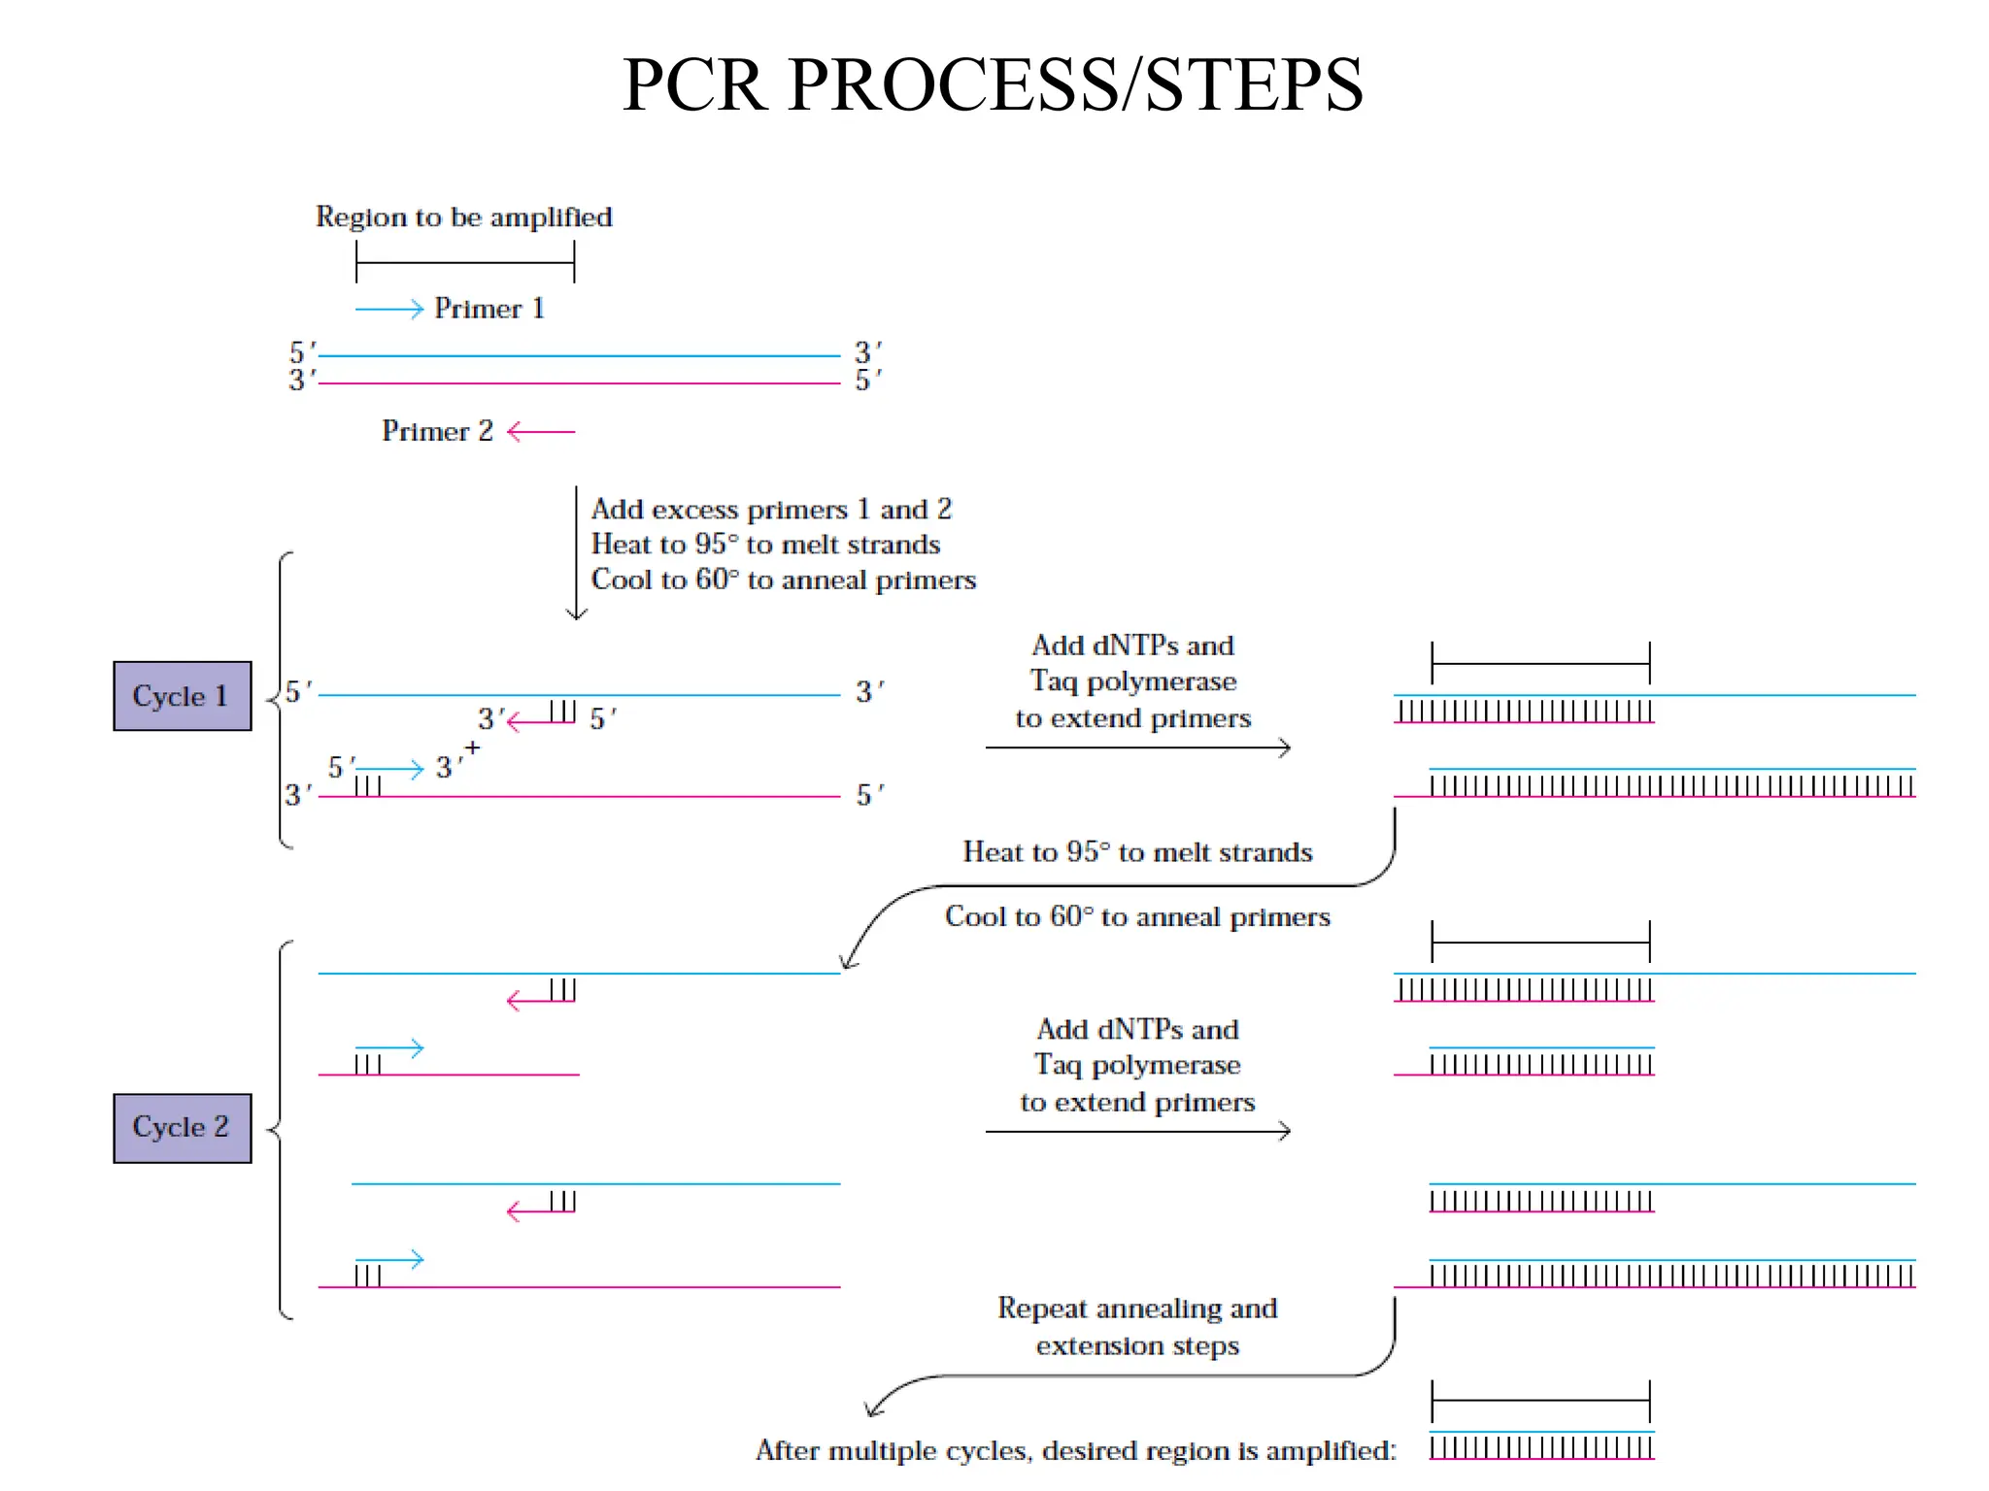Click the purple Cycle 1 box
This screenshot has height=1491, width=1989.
(x=182, y=696)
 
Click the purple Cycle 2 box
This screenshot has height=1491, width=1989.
(x=182, y=1128)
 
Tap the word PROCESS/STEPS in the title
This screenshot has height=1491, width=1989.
(x=1075, y=85)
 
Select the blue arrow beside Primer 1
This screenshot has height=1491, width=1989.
(x=389, y=310)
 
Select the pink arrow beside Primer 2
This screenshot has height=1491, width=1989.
(x=541, y=431)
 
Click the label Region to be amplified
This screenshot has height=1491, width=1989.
(x=463, y=216)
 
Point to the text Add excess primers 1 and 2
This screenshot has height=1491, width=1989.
(x=771, y=510)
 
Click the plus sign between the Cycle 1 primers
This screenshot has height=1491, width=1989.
(x=472, y=747)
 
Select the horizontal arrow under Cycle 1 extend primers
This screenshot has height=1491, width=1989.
(x=1137, y=747)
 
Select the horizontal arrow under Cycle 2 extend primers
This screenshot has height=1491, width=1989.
(x=1137, y=1131)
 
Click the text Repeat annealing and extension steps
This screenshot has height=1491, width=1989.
(x=1137, y=1326)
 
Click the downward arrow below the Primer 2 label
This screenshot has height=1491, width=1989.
(x=576, y=553)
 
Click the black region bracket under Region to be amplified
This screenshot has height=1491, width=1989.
(x=465, y=262)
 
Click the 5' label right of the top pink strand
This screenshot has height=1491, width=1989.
(x=867, y=381)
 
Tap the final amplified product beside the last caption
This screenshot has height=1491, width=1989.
(x=1541, y=1445)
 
